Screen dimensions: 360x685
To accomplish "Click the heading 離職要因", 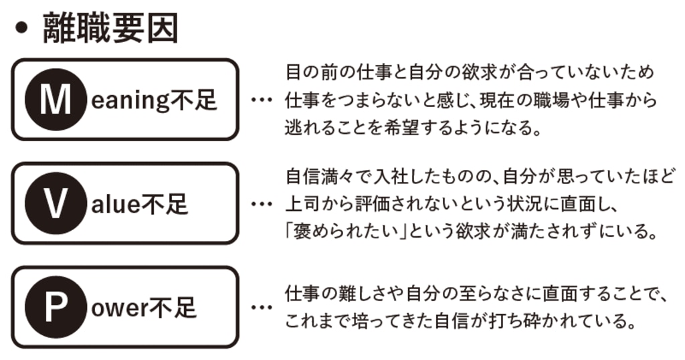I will pyautogui.click(x=110, y=29).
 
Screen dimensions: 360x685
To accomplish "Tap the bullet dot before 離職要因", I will pyautogui.click(x=22, y=30).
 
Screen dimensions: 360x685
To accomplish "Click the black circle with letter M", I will pyautogui.click(x=55, y=100).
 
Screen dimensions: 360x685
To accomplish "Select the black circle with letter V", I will pyautogui.click(x=55, y=203).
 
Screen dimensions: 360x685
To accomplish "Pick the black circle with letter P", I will pyautogui.click(x=55, y=307).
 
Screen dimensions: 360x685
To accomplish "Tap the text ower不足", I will pyautogui.click(x=143, y=308).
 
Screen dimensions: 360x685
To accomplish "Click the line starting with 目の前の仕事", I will pyautogui.click(x=470, y=72).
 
